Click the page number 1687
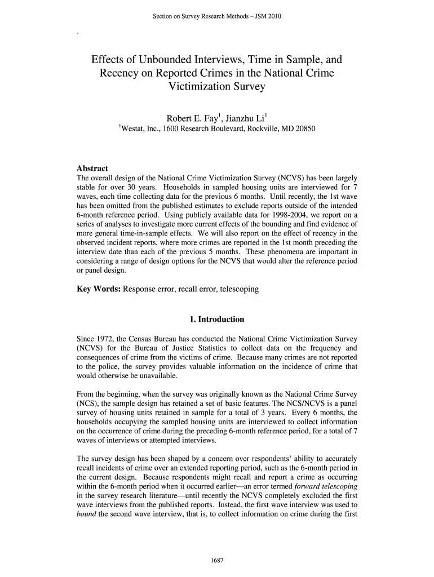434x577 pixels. point(217,560)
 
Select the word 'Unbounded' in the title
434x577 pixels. point(167,60)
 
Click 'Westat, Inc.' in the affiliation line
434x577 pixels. point(140,129)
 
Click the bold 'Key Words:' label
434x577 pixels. point(99,289)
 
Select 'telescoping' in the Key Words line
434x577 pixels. point(238,289)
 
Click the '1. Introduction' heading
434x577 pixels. point(217,319)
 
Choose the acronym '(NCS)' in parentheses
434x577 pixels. point(86,404)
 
